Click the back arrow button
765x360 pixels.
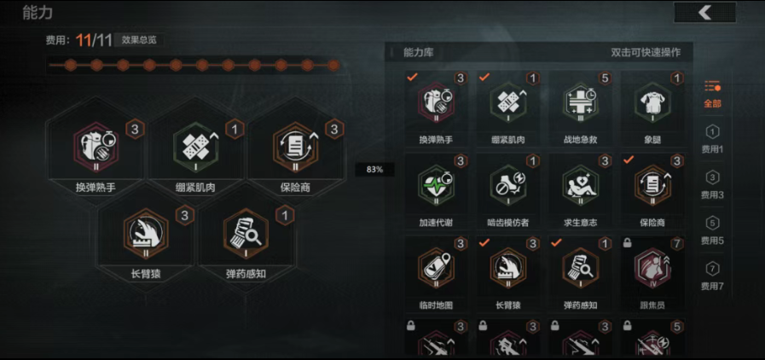(704, 12)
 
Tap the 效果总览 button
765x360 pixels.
(139, 39)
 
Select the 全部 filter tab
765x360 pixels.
(712, 93)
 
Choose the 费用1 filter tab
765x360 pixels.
(712, 139)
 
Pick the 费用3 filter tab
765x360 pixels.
(712, 184)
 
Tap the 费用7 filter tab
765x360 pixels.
(712, 276)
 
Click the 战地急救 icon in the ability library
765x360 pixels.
(579, 103)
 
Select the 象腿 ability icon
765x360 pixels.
(651, 103)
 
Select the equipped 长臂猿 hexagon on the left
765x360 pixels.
(148, 235)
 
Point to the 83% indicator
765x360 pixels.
(374, 170)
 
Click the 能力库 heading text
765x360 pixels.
(419, 52)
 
